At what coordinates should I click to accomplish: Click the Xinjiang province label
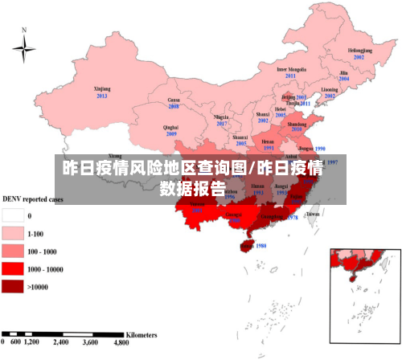click(102, 88)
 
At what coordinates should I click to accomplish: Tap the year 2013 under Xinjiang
click(102, 96)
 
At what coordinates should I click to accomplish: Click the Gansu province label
click(173, 99)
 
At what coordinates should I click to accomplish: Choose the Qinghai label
click(170, 127)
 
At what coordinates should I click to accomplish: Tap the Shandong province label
click(297, 125)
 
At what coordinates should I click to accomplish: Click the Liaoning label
click(330, 89)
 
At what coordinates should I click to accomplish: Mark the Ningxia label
click(222, 117)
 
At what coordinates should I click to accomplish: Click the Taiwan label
click(314, 215)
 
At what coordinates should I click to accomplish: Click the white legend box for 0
click(13, 215)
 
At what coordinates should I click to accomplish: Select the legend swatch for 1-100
click(13, 233)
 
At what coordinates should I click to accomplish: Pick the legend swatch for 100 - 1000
click(13, 251)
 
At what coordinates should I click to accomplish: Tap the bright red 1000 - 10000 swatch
click(13, 268)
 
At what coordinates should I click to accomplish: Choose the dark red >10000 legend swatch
click(13, 286)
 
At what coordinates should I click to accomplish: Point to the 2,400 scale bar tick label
click(61, 342)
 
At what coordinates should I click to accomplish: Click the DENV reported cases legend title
click(33, 198)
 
